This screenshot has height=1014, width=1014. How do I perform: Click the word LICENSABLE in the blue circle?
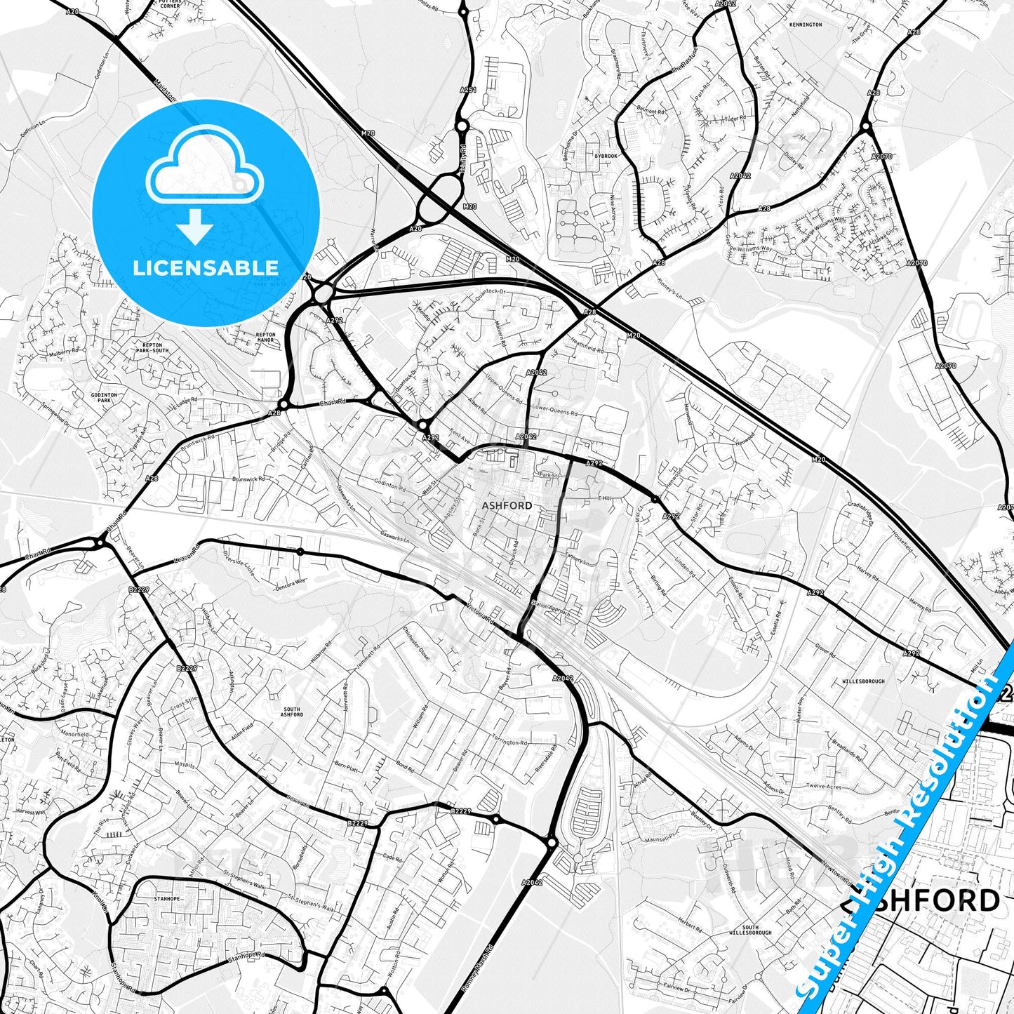click(x=206, y=267)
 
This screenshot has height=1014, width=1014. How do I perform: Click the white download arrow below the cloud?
click(x=195, y=225)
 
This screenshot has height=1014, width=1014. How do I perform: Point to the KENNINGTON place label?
click(x=805, y=25)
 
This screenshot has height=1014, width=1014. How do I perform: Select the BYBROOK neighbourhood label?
click(x=606, y=156)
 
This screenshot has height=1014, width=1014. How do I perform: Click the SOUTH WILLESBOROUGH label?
click(x=750, y=930)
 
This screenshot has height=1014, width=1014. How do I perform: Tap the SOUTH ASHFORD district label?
click(x=292, y=712)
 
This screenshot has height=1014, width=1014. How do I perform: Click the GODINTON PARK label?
click(x=104, y=398)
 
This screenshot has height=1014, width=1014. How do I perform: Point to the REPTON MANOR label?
click(x=266, y=338)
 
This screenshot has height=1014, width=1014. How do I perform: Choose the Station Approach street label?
click(x=552, y=608)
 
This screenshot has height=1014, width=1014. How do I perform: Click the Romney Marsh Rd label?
click(x=478, y=969)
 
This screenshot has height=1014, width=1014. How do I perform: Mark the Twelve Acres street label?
click(x=824, y=786)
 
